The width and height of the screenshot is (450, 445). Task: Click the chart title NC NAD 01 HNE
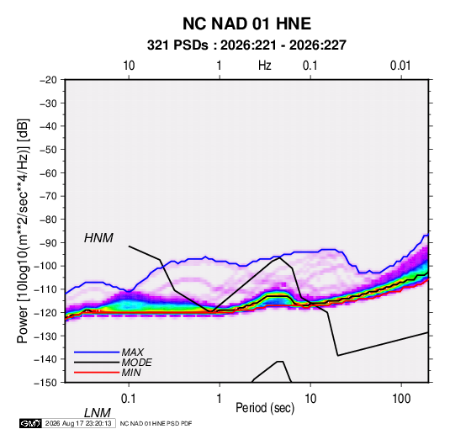click(246, 24)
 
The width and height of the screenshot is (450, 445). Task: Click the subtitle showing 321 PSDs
click(246, 45)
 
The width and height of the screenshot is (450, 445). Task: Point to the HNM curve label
click(98, 238)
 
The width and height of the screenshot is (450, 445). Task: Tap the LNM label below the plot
click(97, 413)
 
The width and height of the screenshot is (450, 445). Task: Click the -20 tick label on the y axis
click(48, 80)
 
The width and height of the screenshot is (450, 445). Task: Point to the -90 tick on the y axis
click(48, 242)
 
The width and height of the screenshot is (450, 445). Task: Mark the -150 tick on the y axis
click(45, 383)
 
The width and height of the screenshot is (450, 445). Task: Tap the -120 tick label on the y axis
click(45, 312)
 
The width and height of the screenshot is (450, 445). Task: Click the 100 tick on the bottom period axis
click(401, 399)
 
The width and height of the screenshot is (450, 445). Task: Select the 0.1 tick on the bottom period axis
click(129, 399)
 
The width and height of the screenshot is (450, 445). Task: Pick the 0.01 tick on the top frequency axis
click(400, 66)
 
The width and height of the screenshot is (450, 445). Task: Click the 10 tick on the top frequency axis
click(129, 66)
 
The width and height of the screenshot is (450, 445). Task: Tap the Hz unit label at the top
click(264, 66)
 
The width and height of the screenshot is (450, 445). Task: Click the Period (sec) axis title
click(265, 408)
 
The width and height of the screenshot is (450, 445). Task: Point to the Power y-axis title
click(23, 230)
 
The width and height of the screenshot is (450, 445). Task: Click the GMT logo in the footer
click(30, 423)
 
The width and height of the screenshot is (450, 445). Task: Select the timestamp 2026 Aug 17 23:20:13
click(78, 423)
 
